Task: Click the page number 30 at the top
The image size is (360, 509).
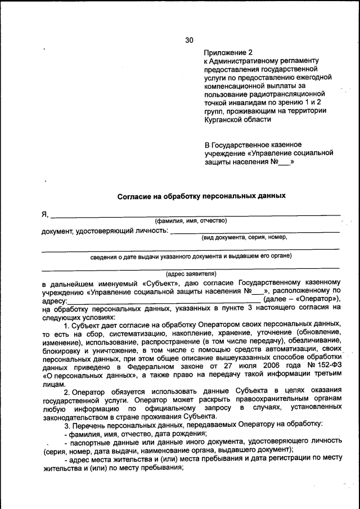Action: click(x=189, y=40)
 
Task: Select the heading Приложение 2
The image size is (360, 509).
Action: click(x=228, y=52)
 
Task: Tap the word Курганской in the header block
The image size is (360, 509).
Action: click(x=227, y=119)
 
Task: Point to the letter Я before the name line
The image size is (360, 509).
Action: click(x=44, y=214)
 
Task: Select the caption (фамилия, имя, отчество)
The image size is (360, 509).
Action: click(x=191, y=220)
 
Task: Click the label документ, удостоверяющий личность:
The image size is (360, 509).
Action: click(x=105, y=231)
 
